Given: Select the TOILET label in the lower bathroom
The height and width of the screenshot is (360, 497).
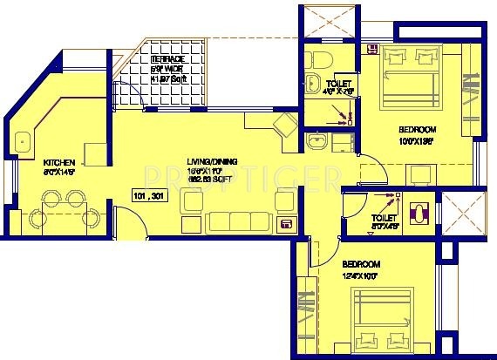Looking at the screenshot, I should (383, 221).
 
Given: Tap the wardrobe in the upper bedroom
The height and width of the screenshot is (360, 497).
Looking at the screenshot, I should (470, 96).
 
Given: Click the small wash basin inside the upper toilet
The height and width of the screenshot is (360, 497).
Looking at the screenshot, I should (313, 84).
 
